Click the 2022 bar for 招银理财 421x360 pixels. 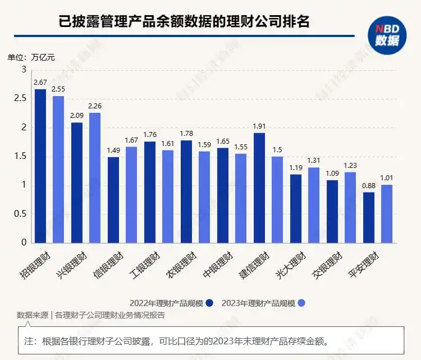40,166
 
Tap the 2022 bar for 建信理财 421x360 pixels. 259,188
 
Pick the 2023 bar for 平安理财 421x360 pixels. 387,213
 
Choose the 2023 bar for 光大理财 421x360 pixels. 314,205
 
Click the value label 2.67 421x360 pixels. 40,83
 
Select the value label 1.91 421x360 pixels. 259,126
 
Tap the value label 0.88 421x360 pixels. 369,186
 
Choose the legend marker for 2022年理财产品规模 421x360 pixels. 209,303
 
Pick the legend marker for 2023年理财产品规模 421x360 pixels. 301,303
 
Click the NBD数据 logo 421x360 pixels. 387,34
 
